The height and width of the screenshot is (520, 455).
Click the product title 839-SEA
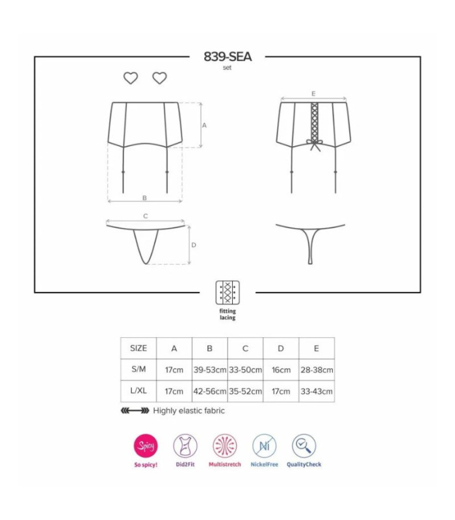coord(227,57)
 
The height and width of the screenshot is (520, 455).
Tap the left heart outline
coord(131,78)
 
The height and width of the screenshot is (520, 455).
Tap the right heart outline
coord(159,78)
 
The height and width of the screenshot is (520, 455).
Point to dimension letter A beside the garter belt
coord(204,125)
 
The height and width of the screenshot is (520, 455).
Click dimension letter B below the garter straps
coord(144,198)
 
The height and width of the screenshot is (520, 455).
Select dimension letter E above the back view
coord(313,94)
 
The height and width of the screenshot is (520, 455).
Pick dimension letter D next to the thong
coord(194,245)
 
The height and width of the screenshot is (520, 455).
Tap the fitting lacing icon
coord(227,292)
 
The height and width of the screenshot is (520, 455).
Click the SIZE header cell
coord(138,348)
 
